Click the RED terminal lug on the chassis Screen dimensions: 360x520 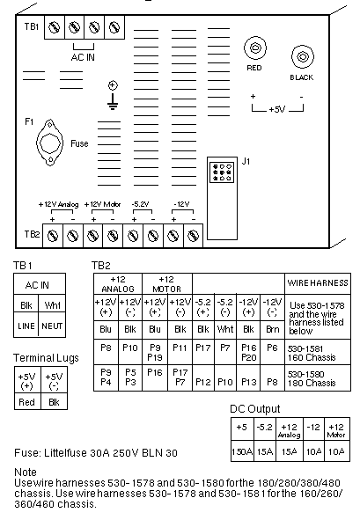tap(255, 48)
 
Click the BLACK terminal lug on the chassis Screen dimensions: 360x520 tap(302, 56)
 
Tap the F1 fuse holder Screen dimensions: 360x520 tap(50, 143)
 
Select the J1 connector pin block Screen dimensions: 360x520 tap(222, 172)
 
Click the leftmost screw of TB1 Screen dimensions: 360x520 tap(55, 27)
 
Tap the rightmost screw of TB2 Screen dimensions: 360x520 tap(193, 236)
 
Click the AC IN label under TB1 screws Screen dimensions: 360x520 tap(83, 57)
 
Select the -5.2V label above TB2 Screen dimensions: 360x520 tap(140, 204)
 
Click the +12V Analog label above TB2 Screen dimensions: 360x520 tap(58, 204)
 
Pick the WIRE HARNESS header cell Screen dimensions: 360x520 tap(318, 283)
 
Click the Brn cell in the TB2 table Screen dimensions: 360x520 tap(272, 329)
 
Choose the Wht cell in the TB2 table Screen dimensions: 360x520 tap(225, 329)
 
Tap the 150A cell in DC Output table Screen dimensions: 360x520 tap(242, 451)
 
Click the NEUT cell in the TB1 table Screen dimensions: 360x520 tap(52, 326)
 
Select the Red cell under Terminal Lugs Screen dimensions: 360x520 tap(27, 402)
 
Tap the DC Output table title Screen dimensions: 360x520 tap(255, 409)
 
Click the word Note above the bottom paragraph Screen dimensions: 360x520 tap(26, 472)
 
